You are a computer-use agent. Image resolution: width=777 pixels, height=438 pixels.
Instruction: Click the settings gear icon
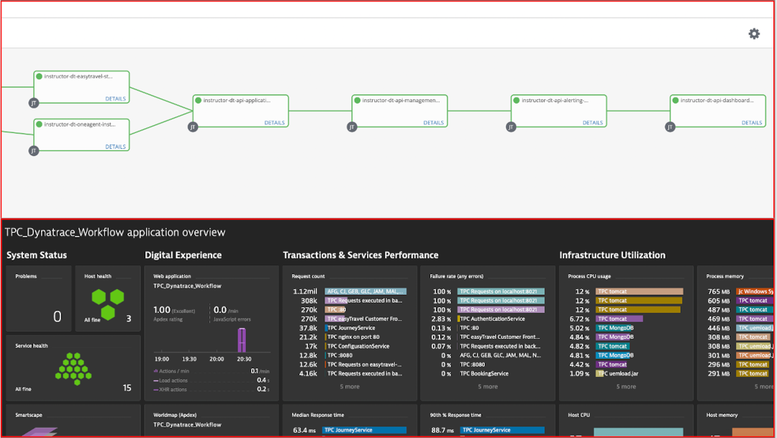[754, 34]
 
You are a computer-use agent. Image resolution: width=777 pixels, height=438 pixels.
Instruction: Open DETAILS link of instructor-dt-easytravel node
[115, 99]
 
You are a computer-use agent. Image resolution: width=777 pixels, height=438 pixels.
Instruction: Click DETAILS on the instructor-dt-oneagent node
[115, 147]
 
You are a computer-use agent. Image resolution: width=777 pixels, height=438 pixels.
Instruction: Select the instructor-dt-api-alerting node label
[555, 101]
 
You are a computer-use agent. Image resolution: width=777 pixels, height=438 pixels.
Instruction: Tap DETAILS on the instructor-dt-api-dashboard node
[752, 123]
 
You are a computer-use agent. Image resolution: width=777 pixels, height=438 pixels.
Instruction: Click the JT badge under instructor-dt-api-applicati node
[193, 127]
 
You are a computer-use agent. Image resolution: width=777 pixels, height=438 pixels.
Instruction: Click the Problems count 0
[58, 316]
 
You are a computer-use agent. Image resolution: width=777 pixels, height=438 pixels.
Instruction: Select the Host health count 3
[128, 319]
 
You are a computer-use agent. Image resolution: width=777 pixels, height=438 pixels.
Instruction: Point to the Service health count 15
[127, 388]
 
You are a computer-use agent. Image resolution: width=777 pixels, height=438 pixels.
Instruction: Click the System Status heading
[37, 255]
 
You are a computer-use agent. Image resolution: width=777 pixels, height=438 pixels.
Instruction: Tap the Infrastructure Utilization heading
[612, 255]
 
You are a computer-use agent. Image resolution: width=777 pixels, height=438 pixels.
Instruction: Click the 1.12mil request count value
[305, 291]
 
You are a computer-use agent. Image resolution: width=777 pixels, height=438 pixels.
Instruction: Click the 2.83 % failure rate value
[441, 319]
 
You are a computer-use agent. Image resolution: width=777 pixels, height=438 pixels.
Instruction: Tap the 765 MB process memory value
[719, 291]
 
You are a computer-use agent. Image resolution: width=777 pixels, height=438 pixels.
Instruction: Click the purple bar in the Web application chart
[242, 340]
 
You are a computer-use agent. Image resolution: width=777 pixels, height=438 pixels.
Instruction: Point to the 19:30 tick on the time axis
[190, 359]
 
